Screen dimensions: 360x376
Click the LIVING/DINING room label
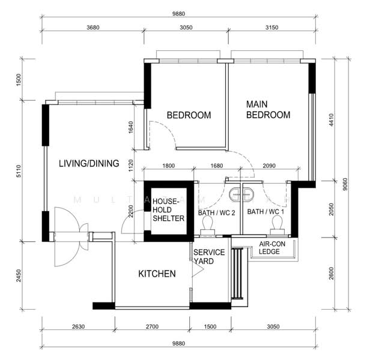click(x=88, y=163)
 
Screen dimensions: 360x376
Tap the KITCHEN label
click(x=157, y=274)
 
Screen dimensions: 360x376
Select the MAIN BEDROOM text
click(x=268, y=109)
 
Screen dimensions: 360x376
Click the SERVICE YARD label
click(x=208, y=256)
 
